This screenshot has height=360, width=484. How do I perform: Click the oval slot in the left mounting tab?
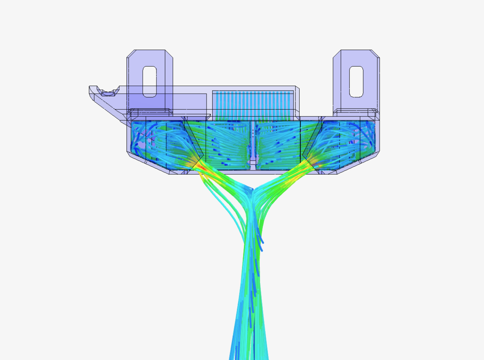[149, 81]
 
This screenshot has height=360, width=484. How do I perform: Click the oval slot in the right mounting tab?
[356, 81]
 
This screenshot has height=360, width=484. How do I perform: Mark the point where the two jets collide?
[252, 192]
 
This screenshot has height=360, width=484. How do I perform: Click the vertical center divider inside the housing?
[253, 142]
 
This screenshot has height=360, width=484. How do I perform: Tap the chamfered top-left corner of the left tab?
[130, 53]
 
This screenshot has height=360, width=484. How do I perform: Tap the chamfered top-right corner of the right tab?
[376, 53]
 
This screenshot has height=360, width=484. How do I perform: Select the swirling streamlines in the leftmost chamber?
[147, 139]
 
